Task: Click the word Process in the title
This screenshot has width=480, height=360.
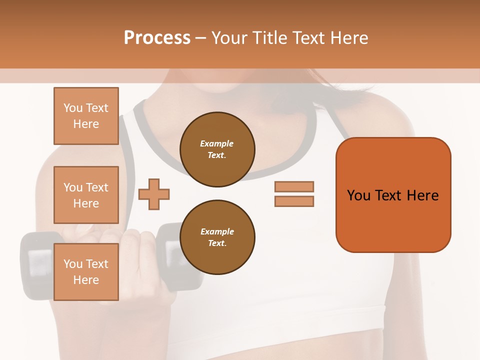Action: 157,38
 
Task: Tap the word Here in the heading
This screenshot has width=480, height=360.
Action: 347,38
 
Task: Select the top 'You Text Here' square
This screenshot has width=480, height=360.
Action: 86,116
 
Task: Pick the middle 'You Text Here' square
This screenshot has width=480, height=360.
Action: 86,195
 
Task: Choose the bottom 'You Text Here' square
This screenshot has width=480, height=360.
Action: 86,272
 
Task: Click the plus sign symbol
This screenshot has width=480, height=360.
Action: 154,194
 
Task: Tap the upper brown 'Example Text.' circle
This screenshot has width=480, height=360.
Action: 217,149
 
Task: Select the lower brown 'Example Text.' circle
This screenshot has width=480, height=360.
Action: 217,237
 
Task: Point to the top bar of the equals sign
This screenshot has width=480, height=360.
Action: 294,186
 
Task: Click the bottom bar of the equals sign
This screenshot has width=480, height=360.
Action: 294,201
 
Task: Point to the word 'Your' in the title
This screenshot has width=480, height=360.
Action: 227,38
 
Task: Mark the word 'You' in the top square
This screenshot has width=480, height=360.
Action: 73,108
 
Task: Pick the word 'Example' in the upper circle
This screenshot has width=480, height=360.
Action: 217,143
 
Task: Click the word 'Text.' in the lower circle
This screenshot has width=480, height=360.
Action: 217,243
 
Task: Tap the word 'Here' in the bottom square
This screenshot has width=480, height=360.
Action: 86,280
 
